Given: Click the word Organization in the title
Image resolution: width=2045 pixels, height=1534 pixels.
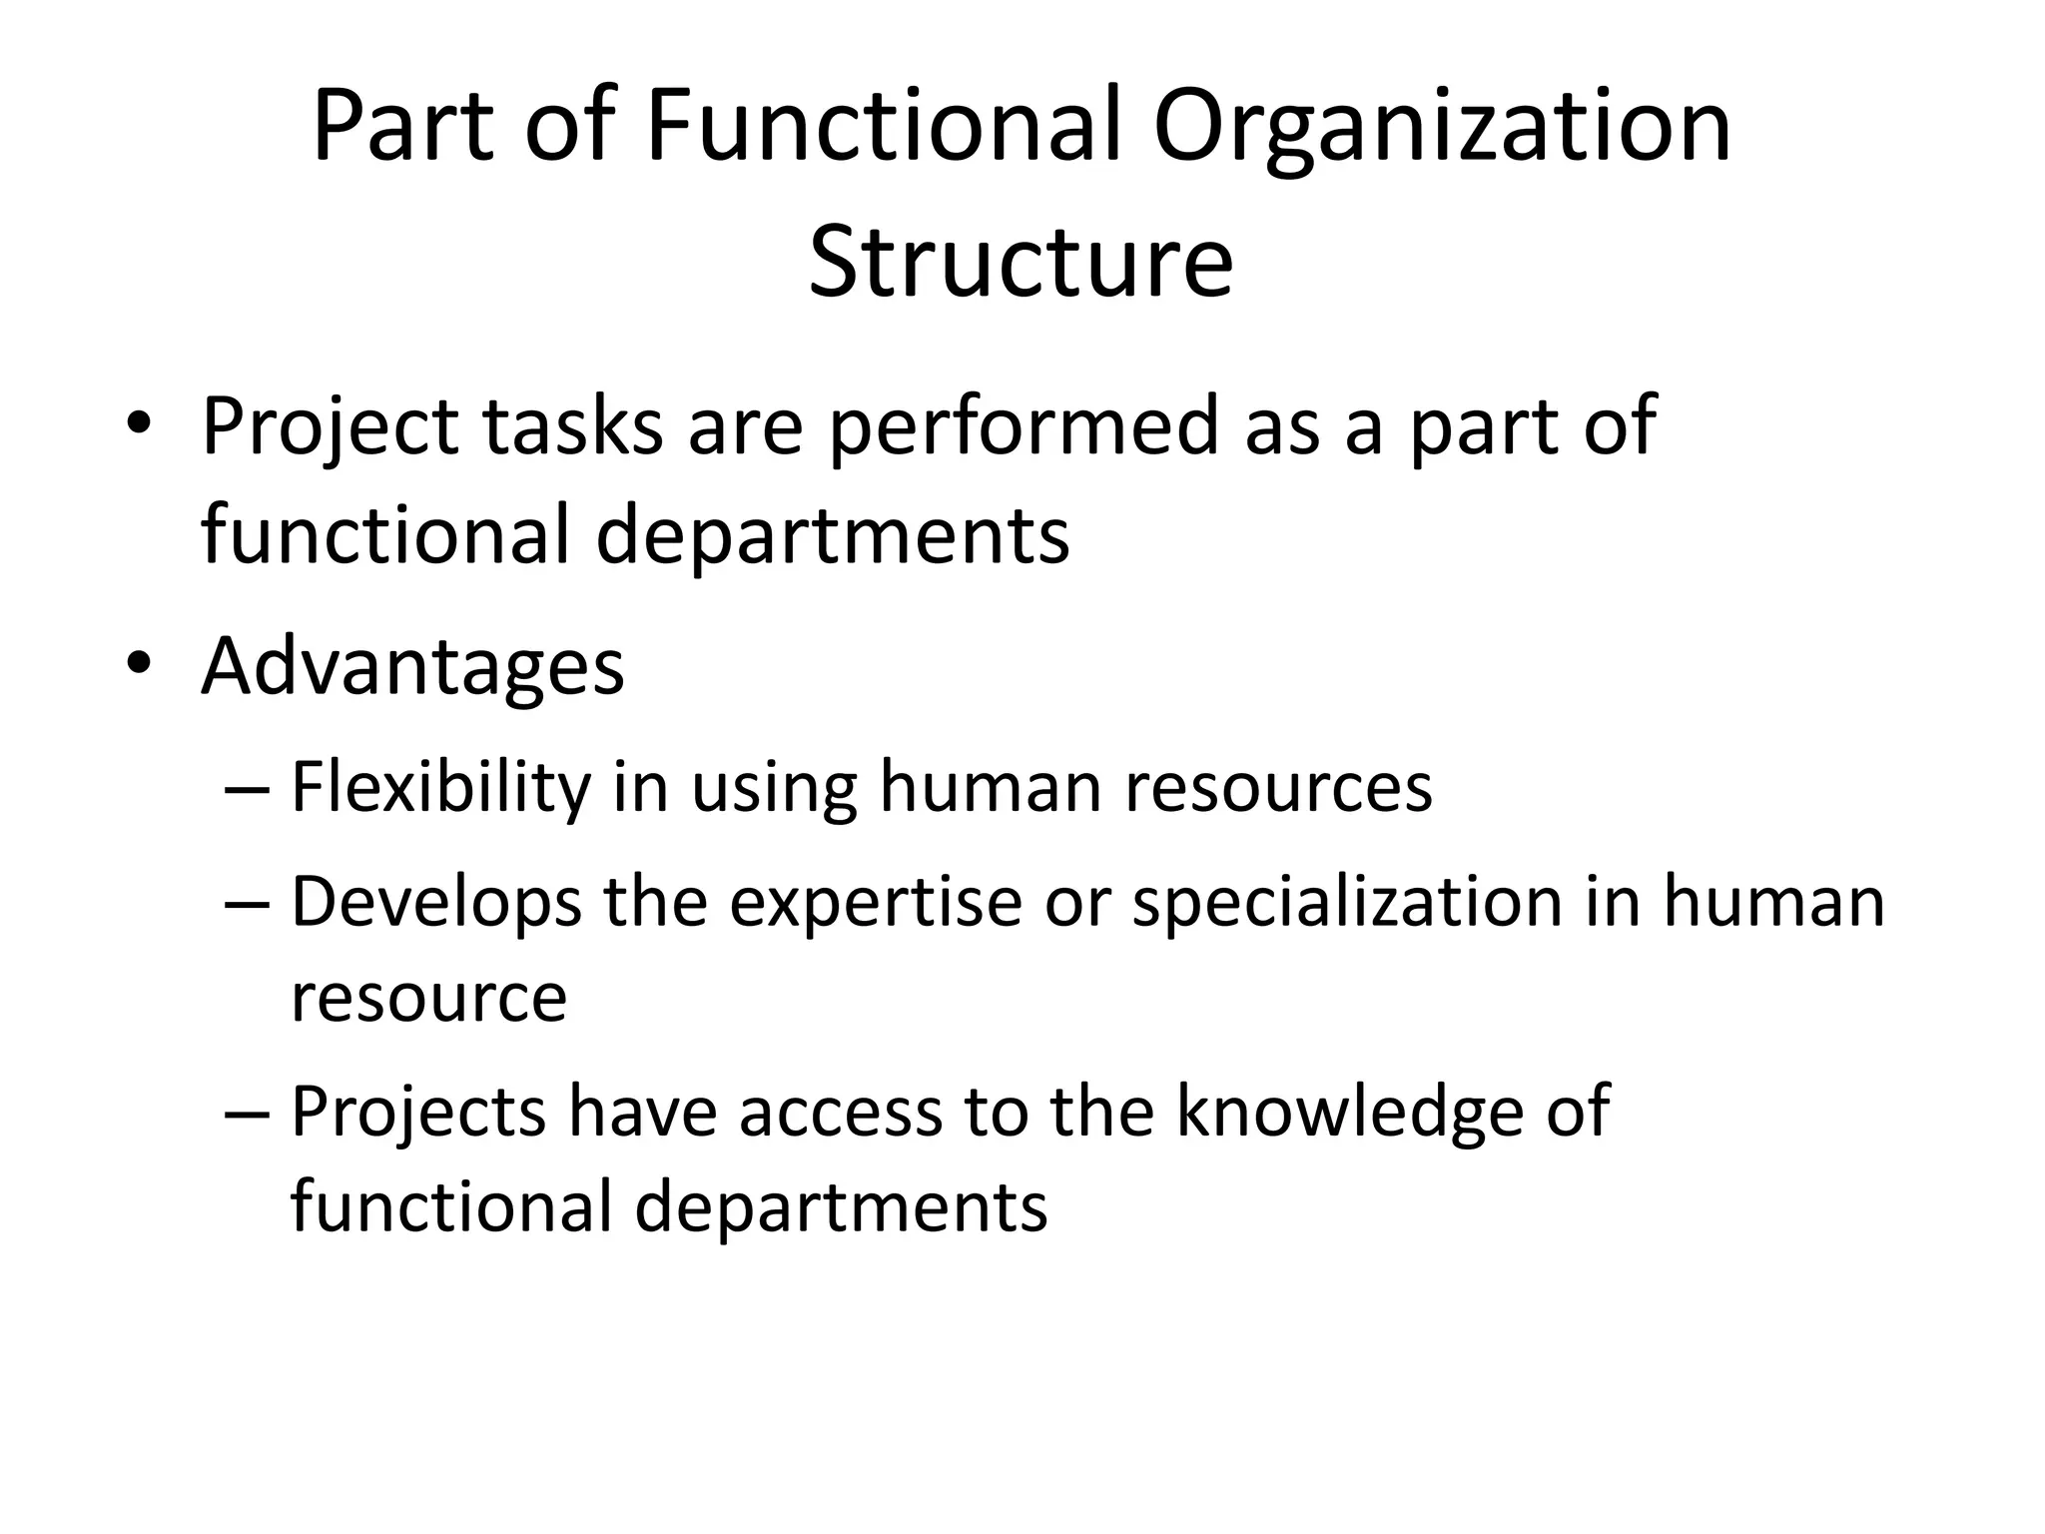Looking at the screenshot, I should (1442, 128).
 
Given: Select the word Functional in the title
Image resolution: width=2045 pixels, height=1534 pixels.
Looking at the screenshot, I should (884, 128).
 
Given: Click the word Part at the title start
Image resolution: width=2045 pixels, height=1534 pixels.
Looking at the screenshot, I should (401, 128).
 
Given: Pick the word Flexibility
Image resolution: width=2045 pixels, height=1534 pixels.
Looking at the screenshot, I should (440, 787).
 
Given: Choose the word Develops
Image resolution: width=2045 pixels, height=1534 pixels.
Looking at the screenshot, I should (435, 902).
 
